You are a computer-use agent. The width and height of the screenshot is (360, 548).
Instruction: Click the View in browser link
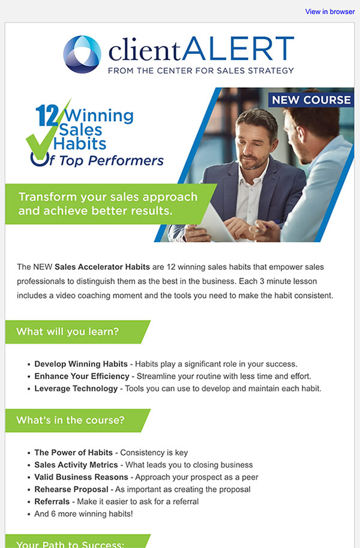330,11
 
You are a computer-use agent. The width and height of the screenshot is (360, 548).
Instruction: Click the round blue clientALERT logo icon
82,54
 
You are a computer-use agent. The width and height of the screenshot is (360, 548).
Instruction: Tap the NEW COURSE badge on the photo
311,100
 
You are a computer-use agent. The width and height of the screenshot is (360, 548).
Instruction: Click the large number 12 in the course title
47,116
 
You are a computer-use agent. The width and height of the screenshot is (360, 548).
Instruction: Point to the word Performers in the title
125,161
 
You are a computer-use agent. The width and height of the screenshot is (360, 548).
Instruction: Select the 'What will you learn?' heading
68,332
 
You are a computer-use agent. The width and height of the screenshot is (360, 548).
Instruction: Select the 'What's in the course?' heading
70,420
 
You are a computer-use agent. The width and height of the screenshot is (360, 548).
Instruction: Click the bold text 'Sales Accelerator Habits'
102,267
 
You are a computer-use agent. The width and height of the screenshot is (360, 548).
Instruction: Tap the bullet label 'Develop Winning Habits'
81,364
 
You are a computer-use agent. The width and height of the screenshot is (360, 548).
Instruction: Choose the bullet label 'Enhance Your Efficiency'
82,376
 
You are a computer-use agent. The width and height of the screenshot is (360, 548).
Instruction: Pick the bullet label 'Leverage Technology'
76,389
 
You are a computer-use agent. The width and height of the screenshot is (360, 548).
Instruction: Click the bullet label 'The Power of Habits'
73,452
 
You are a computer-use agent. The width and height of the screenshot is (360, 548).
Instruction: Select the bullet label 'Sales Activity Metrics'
76,465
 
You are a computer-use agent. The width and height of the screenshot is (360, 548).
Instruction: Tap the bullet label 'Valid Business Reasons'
81,477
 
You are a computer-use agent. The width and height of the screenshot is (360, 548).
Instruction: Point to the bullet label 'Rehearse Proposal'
71,489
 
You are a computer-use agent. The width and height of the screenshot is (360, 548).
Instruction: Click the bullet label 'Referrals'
52,501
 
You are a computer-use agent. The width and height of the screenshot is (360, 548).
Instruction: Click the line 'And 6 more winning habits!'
83,513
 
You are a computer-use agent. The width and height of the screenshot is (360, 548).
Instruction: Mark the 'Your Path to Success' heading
70,544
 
